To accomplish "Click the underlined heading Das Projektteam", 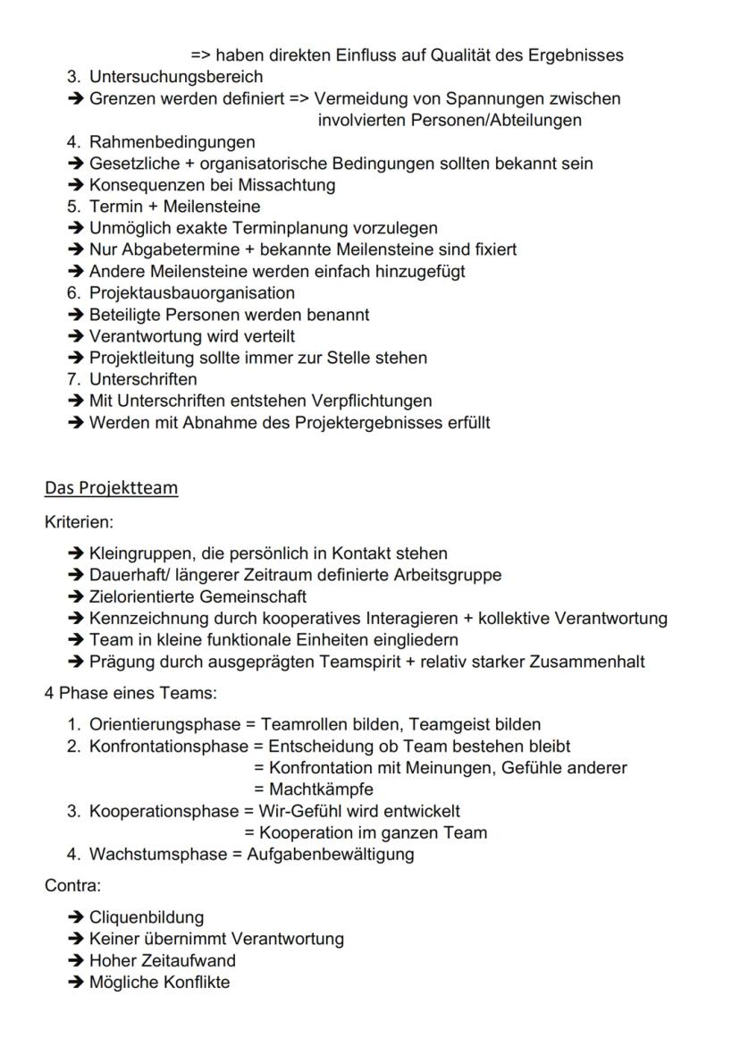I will click(x=111, y=488).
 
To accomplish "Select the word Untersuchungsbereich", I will click(x=176, y=77).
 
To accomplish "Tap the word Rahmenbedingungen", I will click(x=172, y=142).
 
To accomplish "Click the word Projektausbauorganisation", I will click(x=191, y=293).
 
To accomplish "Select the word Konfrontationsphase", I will click(x=168, y=747).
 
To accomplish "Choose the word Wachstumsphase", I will click(x=158, y=855).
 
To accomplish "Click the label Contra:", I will click(x=72, y=886).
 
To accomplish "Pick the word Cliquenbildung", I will click(x=147, y=918).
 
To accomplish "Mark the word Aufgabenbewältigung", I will click(x=331, y=855).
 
